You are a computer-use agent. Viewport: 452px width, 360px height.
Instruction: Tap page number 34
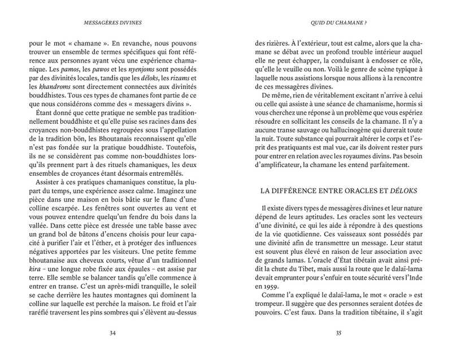pos(112,333)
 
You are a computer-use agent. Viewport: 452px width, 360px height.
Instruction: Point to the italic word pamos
pos(62,68)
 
